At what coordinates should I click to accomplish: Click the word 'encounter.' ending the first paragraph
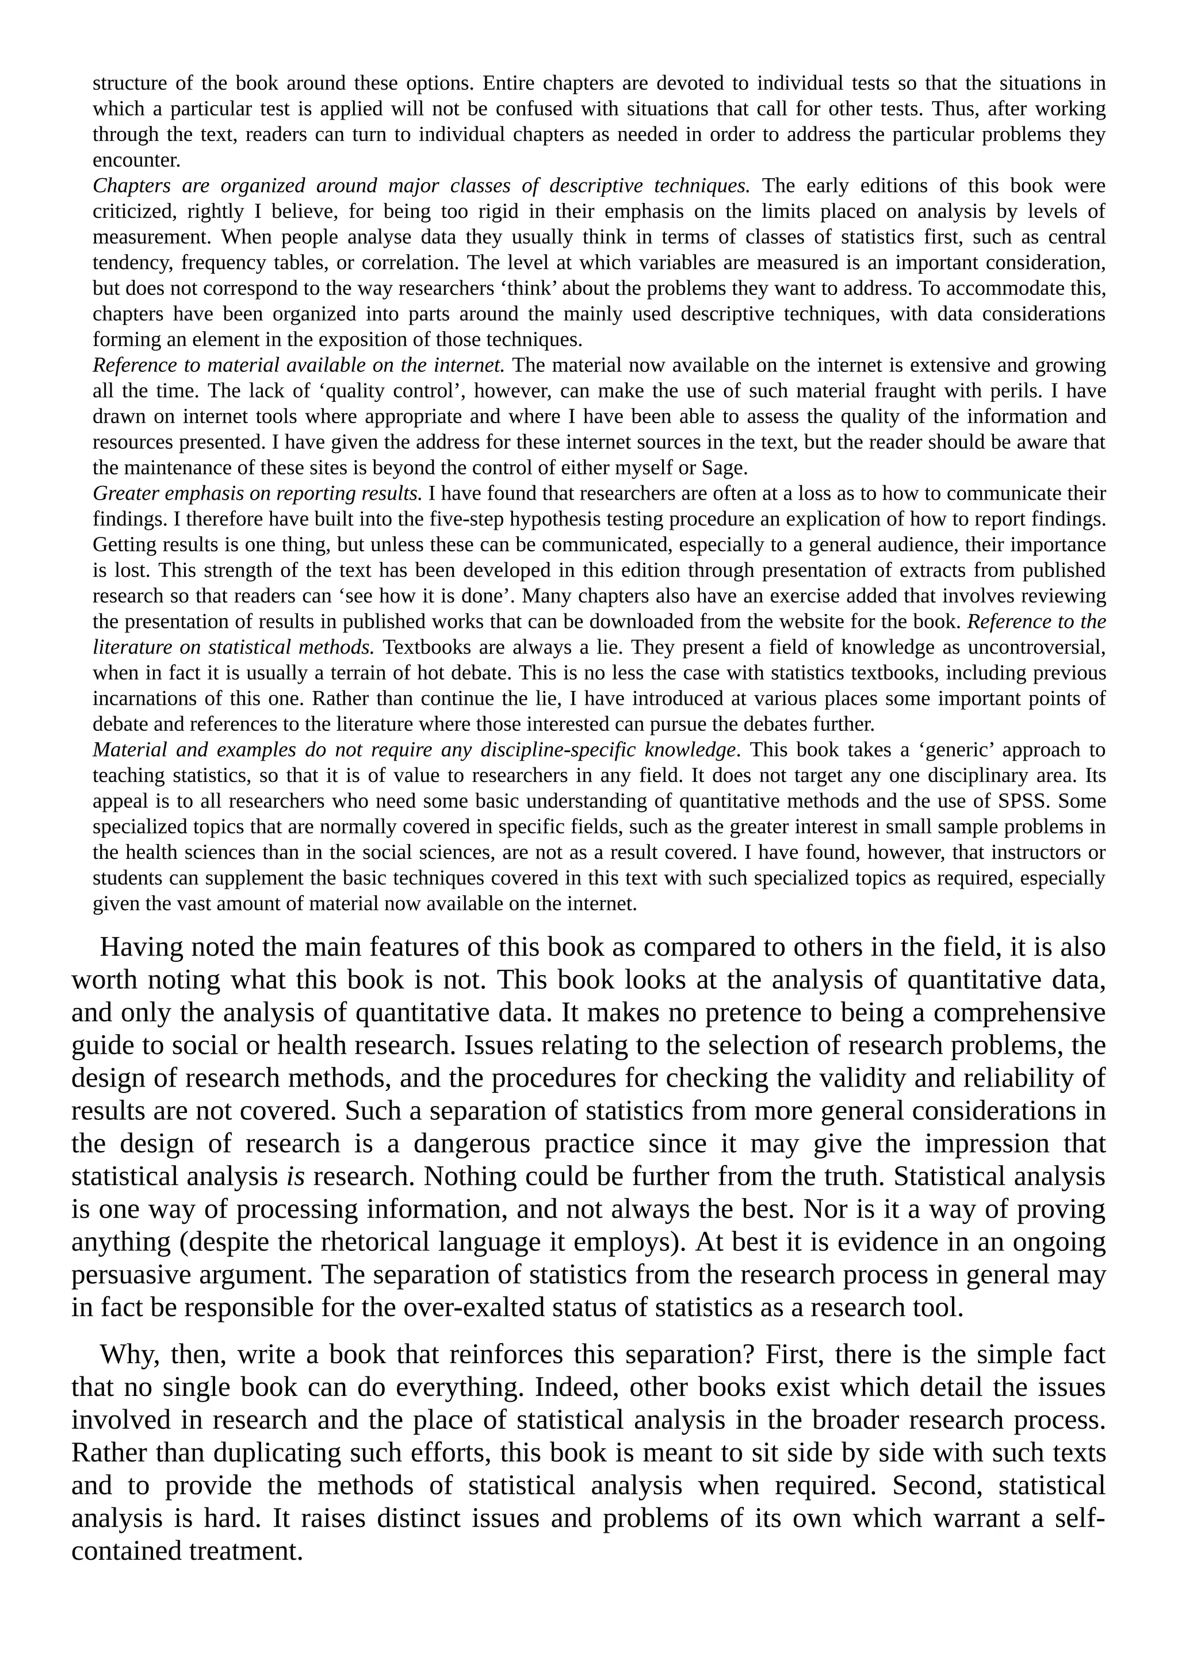[x=136, y=161]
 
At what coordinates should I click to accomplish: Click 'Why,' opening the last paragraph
[x=127, y=1354]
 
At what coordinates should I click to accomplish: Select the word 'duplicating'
[x=276, y=1452]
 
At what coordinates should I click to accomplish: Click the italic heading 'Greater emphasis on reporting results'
[x=257, y=494]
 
